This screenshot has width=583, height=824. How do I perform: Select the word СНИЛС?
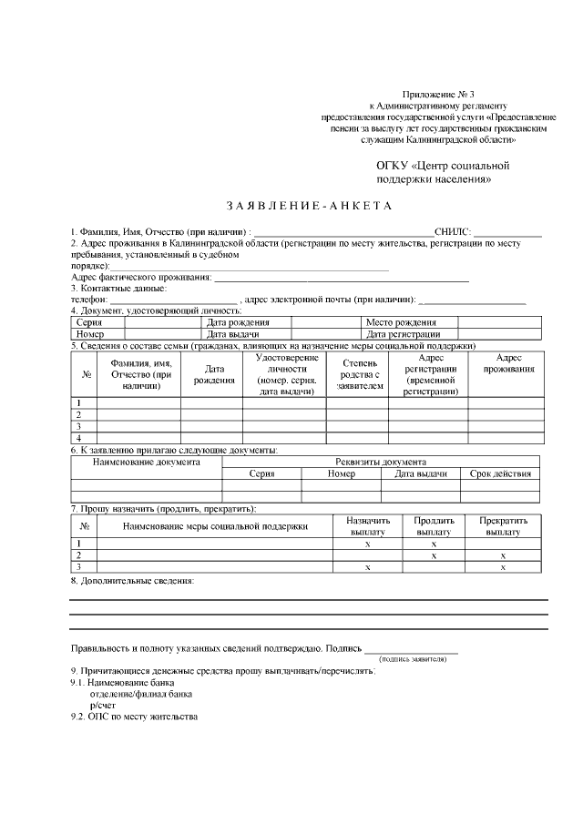[451, 233]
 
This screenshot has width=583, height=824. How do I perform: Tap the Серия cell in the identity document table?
[89, 322]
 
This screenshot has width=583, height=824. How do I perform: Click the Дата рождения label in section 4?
[238, 322]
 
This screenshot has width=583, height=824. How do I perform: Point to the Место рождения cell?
[401, 322]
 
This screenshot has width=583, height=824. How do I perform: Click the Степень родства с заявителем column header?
[357, 374]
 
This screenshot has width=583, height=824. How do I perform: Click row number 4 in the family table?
[79, 438]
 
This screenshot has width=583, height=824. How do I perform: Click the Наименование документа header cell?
[147, 462]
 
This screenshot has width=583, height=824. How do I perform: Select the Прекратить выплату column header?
[503, 525]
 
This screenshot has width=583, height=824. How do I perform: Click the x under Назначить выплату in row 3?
[367, 566]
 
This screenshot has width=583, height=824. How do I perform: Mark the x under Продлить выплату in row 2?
[434, 554]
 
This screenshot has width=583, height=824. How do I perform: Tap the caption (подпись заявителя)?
[413, 658]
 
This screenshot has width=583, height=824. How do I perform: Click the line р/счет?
[102, 705]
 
